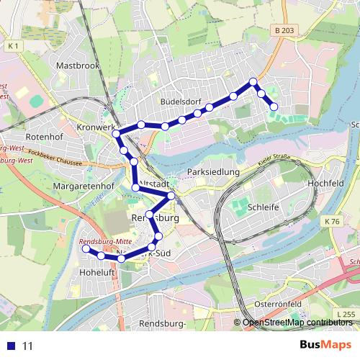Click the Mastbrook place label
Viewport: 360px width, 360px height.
coord(77,65)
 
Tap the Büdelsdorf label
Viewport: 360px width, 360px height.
coord(181,102)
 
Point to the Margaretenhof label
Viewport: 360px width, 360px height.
coord(84,186)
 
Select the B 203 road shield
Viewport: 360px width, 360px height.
coord(284,30)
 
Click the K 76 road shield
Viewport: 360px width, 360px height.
coord(332,221)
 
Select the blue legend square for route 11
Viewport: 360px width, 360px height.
coord(10,346)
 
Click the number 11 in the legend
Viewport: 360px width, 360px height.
coord(28,346)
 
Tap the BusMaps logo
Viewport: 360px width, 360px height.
coord(325,345)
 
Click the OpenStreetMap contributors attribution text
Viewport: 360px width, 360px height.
coord(297,323)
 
